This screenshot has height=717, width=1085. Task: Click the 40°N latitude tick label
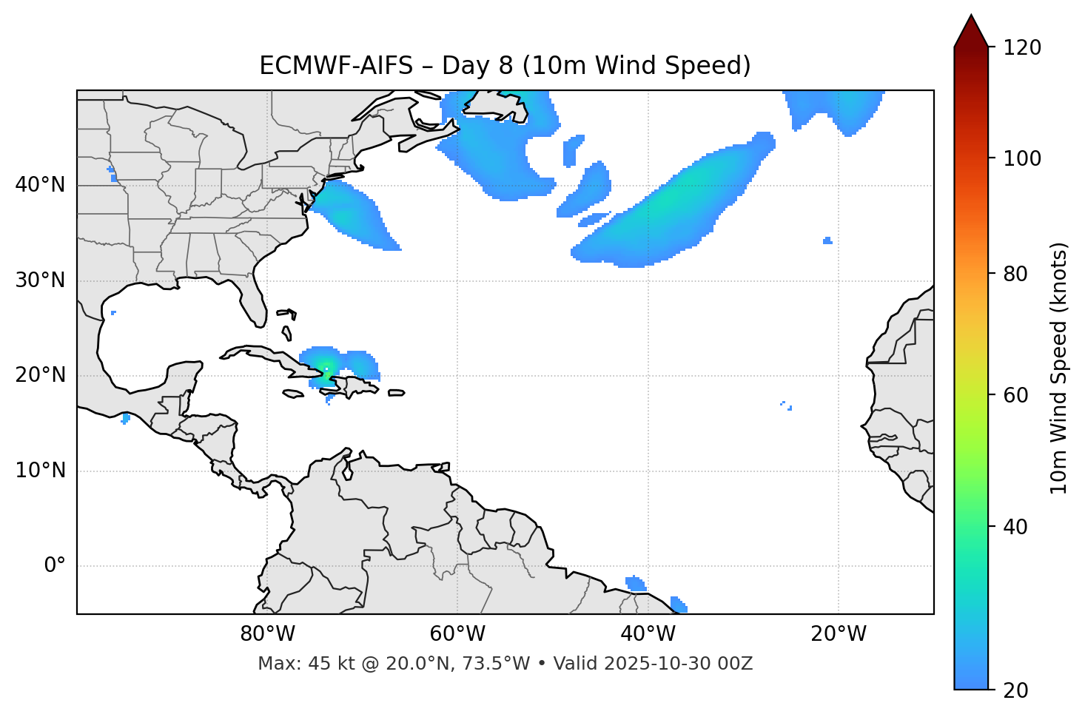(x=40, y=185)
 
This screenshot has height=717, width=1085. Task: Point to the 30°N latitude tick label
(x=40, y=280)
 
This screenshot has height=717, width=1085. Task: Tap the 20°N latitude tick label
(x=40, y=375)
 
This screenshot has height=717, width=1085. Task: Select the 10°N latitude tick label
(x=40, y=471)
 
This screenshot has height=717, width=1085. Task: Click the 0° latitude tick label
(x=55, y=566)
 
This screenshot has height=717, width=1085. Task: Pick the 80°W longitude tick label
(x=267, y=634)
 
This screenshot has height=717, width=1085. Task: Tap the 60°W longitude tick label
(x=457, y=634)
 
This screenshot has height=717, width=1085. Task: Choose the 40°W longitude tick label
(x=648, y=634)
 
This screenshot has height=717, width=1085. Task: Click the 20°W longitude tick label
(x=839, y=634)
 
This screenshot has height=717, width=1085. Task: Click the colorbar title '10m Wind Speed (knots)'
(x=1059, y=368)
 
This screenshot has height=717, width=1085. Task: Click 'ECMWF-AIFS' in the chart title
(x=336, y=66)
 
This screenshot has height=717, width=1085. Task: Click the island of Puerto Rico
(x=397, y=393)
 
